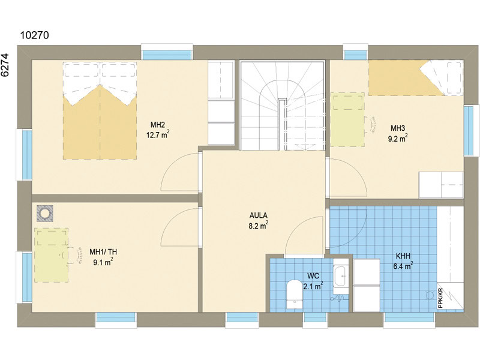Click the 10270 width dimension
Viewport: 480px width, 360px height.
(34, 35)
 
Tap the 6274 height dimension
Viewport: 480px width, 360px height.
(5, 65)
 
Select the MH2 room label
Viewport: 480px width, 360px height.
(158, 125)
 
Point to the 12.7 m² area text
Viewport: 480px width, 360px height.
(158, 134)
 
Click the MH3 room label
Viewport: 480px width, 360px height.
(398, 128)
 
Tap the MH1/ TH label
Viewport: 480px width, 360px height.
(103, 252)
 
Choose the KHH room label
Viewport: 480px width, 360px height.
(403, 256)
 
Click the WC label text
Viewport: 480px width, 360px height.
(313, 276)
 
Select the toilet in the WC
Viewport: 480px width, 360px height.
(295, 294)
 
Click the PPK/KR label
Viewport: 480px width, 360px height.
(440, 298)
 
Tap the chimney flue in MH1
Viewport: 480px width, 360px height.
(45, 214)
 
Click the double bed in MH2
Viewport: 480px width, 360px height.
(100, 110)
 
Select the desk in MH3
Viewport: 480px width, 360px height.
(347, 119)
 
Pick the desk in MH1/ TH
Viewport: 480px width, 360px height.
(51, 255)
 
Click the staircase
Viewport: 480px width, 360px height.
(282, 106)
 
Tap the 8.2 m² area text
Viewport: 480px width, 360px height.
(259, 226)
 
